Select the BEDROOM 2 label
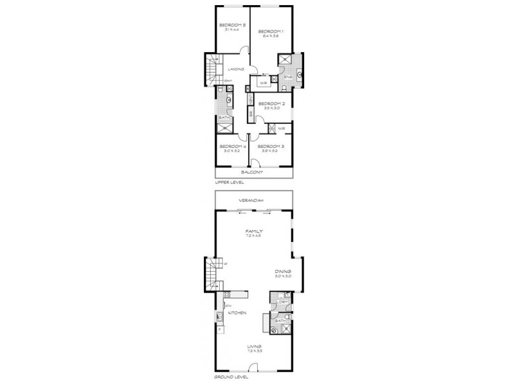271,104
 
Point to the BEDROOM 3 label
271,146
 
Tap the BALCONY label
253,172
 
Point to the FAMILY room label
254,231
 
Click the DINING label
283,271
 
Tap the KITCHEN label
237,313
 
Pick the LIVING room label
254,346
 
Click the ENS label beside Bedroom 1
287,77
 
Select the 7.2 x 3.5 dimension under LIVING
254,351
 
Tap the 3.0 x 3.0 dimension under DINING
283,276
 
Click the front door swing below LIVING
254,366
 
